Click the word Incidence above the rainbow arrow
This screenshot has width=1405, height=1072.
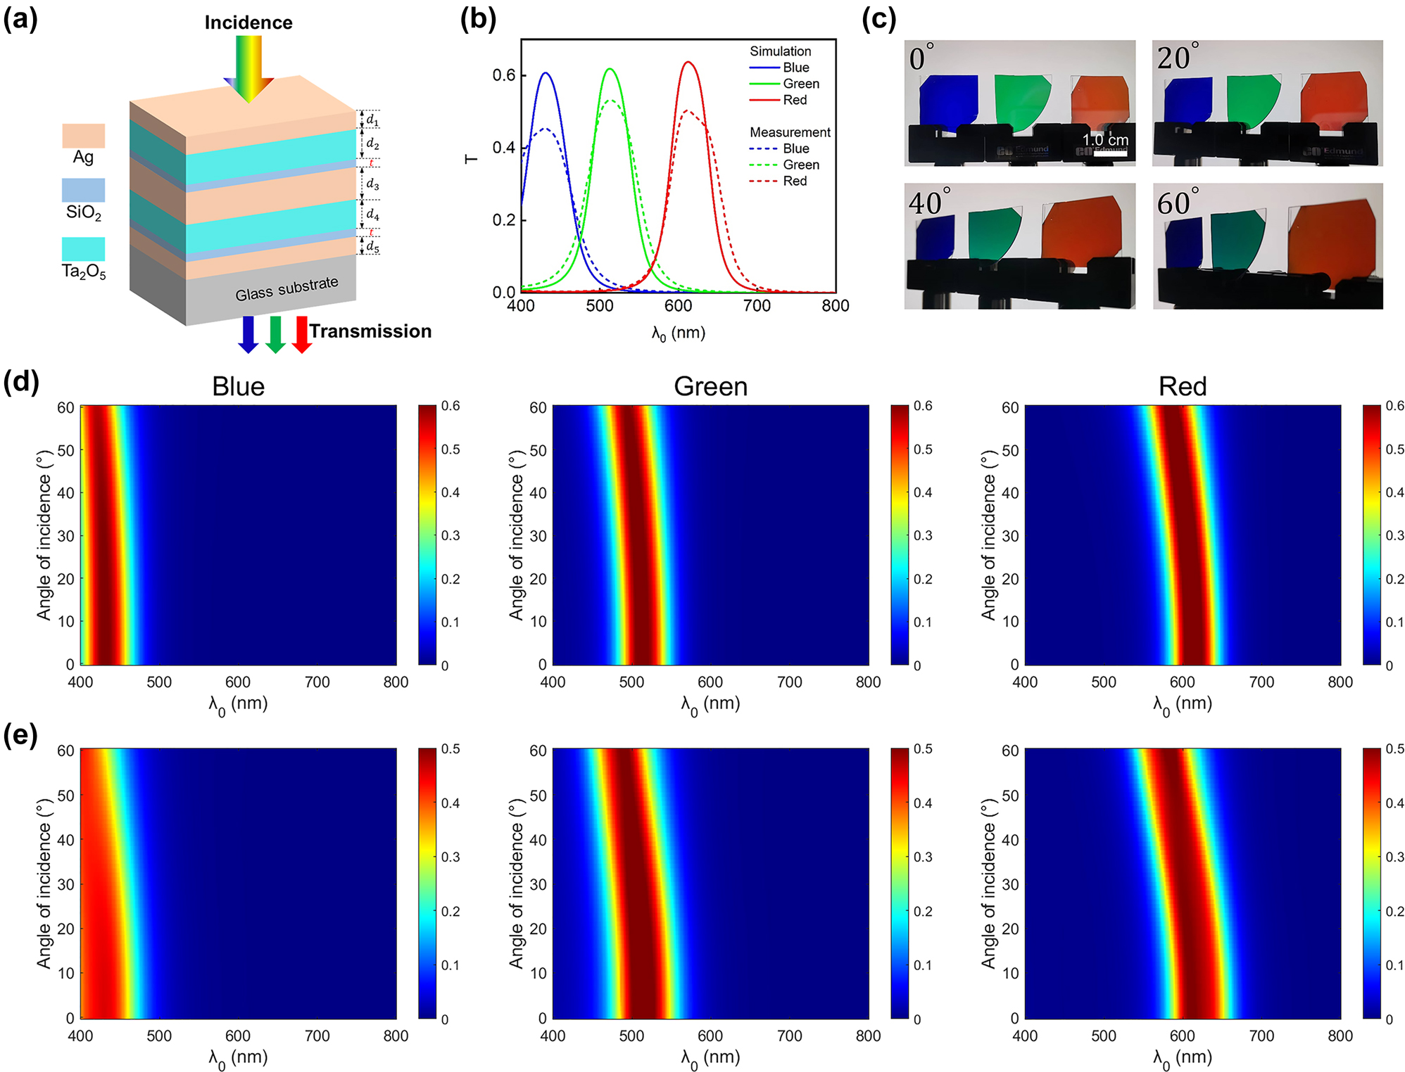click(x=248, y=23)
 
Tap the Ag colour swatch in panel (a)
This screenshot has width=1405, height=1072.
click(x=83, y=135)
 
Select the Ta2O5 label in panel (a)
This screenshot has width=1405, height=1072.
click(x=83, y=272)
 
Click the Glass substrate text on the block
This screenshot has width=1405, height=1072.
click(x=286, y=288)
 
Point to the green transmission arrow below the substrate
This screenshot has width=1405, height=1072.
click(x=275, y=334)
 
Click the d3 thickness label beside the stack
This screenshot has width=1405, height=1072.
click(x=372, y=184)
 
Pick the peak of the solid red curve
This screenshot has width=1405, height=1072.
click(x=688, y=63)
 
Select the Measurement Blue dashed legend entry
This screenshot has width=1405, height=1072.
click(x=779, y=148)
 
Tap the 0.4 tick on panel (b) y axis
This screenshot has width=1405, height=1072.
click(x=503, y=148)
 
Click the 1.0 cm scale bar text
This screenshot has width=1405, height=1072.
click(x=1105, y=140)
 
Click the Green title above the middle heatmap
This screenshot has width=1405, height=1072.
click(x=710, y=386)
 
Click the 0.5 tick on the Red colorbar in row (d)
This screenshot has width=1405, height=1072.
click(x=1394, y=449)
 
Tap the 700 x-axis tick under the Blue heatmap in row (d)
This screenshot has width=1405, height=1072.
click(x=317, y=682)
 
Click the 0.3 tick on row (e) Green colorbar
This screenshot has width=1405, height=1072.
click(x=922, y=857)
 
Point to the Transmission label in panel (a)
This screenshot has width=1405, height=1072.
click(x=370, y=331)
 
